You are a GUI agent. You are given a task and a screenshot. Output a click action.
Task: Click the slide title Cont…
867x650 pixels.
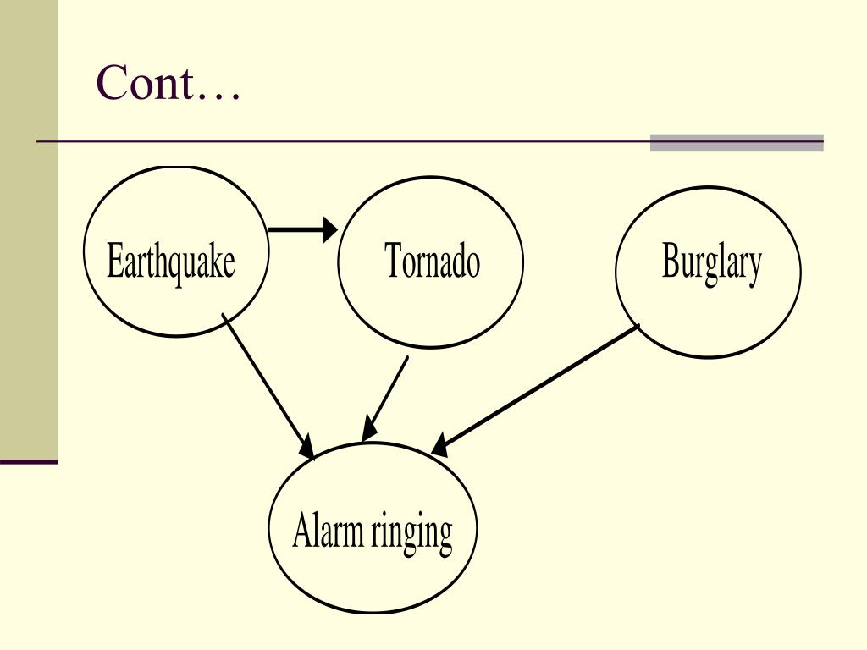pos(168,83)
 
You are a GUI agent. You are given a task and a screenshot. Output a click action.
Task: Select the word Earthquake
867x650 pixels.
pos(170,262)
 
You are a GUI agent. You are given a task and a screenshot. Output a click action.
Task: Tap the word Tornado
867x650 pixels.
pos(432,261)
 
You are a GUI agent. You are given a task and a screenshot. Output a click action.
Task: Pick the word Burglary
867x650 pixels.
pos(711,263)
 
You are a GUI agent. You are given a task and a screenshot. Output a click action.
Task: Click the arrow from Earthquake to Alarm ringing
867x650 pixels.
pos(267,385)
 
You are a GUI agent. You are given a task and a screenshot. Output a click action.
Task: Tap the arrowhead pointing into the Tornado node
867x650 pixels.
pos(329,229)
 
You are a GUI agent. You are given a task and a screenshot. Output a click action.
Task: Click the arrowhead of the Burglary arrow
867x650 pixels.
pos(440,446)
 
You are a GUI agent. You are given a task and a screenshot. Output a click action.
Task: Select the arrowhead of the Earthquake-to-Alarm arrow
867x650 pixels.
pos(306,449)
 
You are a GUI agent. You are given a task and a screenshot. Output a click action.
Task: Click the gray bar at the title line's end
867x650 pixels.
pos(737,143)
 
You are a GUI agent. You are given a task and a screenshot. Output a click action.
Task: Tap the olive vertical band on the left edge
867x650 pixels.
pos(29,229)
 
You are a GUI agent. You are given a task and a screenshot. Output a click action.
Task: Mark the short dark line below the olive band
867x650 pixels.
pos(29,462)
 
